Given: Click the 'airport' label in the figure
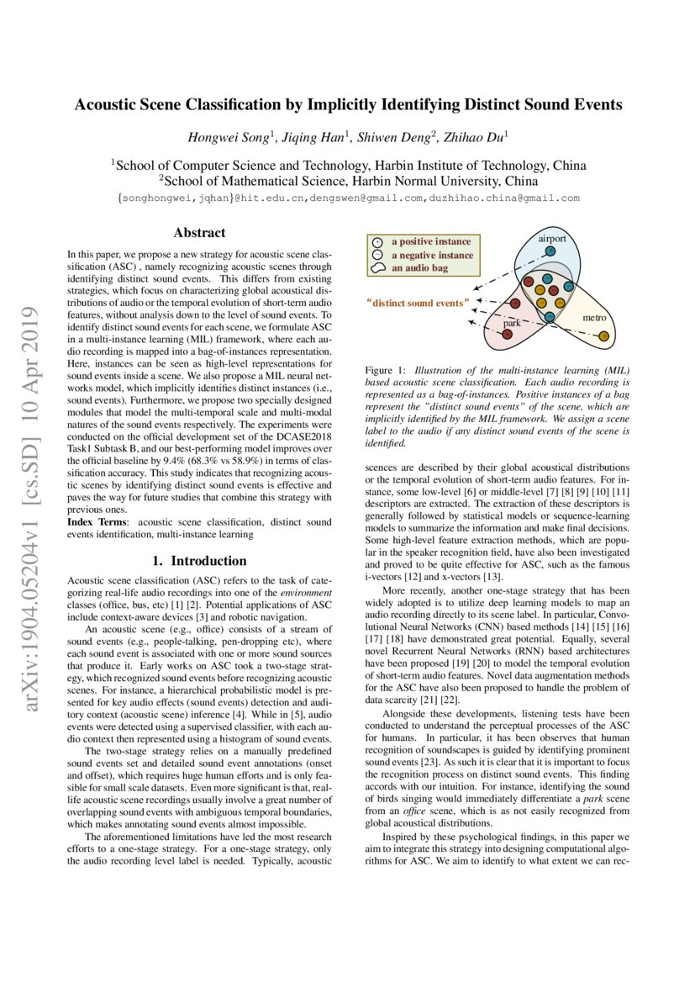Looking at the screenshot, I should [x=553, y=239].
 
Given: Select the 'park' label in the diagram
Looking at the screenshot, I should [x=512, y=323].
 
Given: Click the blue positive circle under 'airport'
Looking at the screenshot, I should [x=550, y=251].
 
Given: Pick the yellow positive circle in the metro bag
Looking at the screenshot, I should [x=603, y=337].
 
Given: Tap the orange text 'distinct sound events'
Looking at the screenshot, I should [x=416, y=302].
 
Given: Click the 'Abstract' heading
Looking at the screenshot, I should [x=199, y=233].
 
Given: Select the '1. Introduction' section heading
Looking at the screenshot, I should [x=199, y=561].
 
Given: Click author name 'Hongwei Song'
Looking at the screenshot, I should [x=226, y=136].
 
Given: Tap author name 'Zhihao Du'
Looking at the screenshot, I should [x=480, y=136].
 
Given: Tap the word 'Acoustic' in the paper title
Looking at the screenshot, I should [x=108, y=105].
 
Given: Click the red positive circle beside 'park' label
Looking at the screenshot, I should [x=507, y=335].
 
